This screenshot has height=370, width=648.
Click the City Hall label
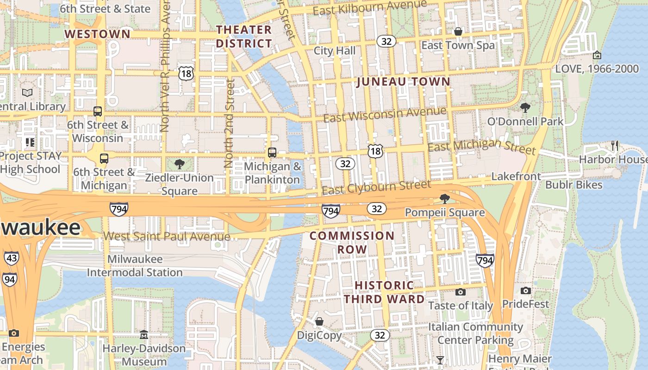[x=335, y=50]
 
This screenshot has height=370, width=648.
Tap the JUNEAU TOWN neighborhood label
[x=403, y=82]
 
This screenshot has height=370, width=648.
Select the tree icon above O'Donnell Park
[x=525, y=108]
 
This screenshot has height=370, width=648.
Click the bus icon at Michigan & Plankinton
[x=272, y=152]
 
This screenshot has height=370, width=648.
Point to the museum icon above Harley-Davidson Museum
[x=144, y=334]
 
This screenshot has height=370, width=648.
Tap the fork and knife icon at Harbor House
[x=615, y=146]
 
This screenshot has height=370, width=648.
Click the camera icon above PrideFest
[x=525, y=290]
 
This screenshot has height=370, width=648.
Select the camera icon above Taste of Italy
[x=460, y=292]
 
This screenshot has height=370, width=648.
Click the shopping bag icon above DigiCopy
[x=319, y=321]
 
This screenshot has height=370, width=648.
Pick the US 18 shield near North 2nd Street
[x=186, y=73]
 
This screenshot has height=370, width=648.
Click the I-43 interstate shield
[x=12, y=258]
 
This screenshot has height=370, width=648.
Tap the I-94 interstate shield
[x=9, y=279]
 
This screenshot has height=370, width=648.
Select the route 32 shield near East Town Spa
[x=386, y=42]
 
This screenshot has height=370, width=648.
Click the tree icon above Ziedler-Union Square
[x=179, y=164]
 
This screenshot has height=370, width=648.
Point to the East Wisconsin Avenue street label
[x=385, y=114]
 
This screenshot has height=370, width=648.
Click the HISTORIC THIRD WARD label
[x=384, y=292]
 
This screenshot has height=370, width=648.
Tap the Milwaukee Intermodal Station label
[x=135, y=265]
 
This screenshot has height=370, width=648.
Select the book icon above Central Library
[x=27, y=92]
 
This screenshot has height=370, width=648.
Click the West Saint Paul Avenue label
[x=166, y=236]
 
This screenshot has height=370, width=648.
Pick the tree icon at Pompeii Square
[x=444, y=199]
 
